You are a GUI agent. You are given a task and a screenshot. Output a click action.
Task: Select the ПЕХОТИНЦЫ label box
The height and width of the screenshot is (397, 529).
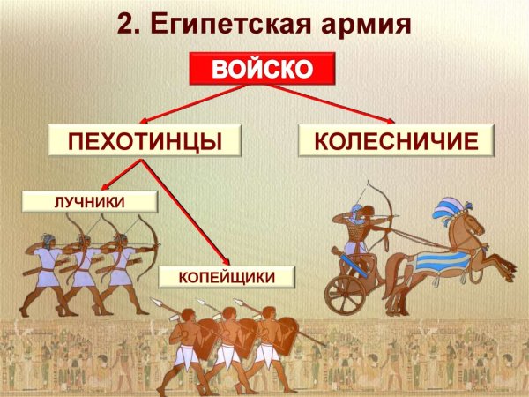coord(144,140)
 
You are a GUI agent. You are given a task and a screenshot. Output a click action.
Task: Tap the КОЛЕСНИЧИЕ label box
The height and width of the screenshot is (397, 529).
coord(396,140)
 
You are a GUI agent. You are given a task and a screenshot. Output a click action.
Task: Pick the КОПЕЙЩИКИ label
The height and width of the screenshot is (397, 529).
coord(227,278)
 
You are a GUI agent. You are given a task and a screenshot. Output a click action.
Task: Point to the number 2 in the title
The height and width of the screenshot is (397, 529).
coord(126,22)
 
